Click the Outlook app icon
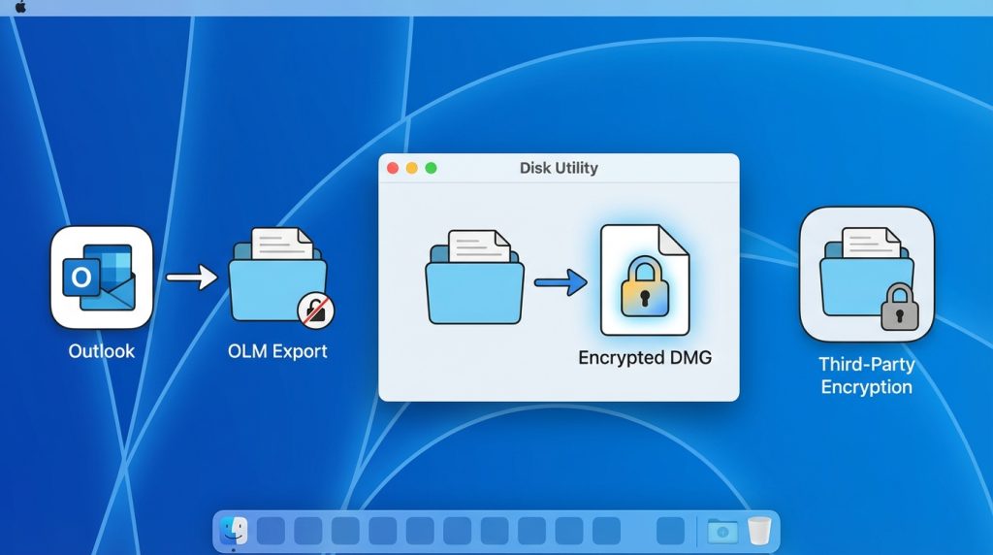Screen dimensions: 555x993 pos(102,277)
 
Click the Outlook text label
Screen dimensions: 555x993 pos(102,351)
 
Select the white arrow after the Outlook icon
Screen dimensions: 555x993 pos(192,278)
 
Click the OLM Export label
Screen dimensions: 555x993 pos(277,351)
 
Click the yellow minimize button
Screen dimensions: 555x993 pos(412,168)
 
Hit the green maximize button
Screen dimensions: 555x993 pos(432,168)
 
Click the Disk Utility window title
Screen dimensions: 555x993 pos(559,168)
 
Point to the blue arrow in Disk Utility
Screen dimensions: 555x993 pos(561,283)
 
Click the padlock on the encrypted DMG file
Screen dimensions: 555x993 pos(644,285)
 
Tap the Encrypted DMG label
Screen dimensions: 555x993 pos(645,358)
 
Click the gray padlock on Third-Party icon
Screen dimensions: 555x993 pos(899,308)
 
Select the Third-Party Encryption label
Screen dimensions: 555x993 pos(866,375)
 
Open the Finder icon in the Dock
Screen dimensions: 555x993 pos(234,531)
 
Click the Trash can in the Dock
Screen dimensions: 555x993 pos(759,531)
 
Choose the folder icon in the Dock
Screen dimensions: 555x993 pos(722,531)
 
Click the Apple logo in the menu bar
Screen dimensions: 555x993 pos(20,7)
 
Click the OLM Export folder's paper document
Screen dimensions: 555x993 pos(282,244)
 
